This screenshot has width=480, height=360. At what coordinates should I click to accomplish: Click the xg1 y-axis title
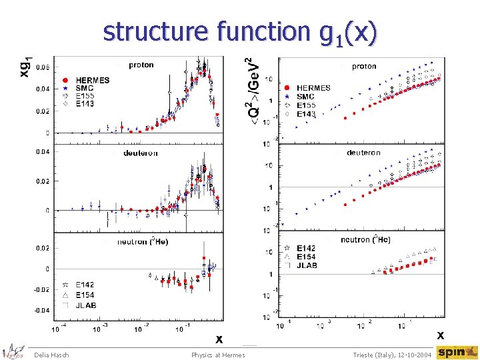click(25, 65)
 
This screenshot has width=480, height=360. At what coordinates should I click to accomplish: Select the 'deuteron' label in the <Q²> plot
click(363, 153)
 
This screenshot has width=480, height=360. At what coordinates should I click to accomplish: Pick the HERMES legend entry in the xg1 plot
click(87, 80)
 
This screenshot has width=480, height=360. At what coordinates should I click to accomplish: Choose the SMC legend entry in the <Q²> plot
click(305, 97)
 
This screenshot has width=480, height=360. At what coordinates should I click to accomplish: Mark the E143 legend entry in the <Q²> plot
click(306, 114)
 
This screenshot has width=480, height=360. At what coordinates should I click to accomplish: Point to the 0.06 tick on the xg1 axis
click(41, 67)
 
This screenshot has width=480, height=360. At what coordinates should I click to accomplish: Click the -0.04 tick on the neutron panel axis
click(41, 310)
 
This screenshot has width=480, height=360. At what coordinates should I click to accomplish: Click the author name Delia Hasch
click(51, 355)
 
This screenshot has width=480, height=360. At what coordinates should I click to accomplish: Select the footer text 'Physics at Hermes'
click(218, 355)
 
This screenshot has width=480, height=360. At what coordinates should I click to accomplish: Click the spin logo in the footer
click(457, 352)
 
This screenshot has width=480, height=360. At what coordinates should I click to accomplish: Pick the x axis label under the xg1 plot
click(218, 339)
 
